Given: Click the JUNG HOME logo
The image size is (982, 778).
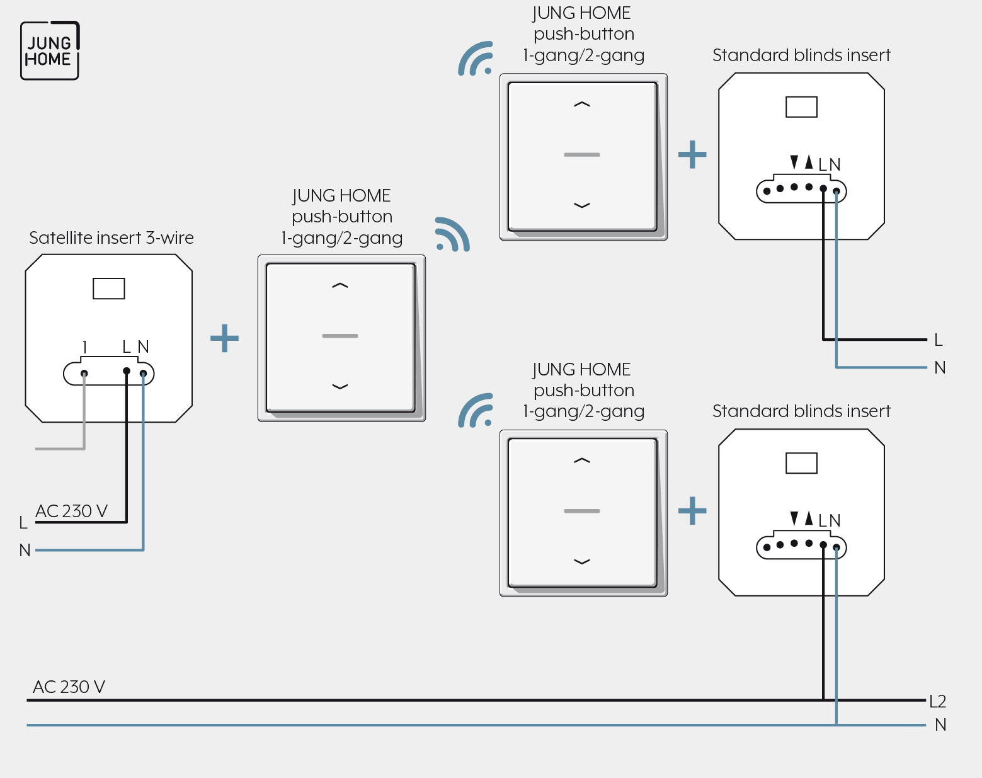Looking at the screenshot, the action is click(x=50, y=50).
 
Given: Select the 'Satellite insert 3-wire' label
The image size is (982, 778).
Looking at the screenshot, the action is click(x=111, y=237).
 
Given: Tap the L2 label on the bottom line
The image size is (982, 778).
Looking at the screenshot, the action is click(x=937, y=701).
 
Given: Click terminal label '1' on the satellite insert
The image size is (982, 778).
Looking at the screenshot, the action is click(x=84, y=347).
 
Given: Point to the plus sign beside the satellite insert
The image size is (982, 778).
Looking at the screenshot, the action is click(x=224, y=338).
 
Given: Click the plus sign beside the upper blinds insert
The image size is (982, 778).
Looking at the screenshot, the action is click(x=692, y=154).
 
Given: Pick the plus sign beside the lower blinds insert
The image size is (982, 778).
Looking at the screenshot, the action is click(x=692, y=511).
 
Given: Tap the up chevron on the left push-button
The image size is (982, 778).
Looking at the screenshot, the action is click(x=340, y=285).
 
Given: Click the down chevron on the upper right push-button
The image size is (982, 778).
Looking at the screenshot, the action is click(x=582, y=205).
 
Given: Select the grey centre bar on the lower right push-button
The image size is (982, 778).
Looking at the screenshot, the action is click(x=582, y=511).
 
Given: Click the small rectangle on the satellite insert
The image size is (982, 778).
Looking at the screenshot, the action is click(x=108, y=289).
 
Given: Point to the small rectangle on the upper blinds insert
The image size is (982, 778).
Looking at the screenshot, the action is click(x=801, y=106).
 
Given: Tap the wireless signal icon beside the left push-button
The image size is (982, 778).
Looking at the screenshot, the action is click(x=452, y=234).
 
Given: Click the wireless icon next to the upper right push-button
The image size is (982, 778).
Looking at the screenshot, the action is click(x=476, y=59).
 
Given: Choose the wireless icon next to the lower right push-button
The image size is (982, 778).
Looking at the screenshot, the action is click(x=476, y=410).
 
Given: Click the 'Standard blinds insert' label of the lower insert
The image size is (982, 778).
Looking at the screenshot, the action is click(x=801, y=411).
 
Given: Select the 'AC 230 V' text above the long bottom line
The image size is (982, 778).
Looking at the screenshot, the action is click(x=69, y=687).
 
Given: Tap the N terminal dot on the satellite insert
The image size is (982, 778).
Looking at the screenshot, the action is click(x=143, y=374).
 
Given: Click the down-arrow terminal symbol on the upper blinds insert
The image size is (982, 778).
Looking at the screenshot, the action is click(x=794, y=162).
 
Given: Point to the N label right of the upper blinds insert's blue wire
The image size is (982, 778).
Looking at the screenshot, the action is click(x=940, y=368).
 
